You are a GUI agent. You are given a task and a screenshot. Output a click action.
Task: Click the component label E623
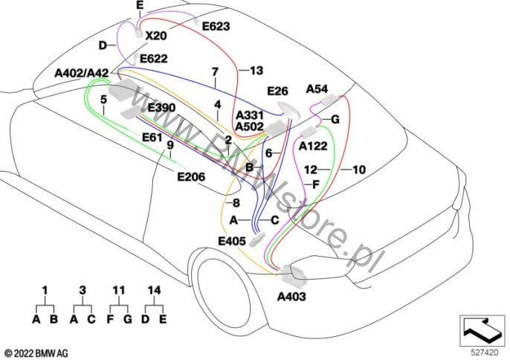point(216,26)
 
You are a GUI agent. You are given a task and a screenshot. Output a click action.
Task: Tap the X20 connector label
point(156,36)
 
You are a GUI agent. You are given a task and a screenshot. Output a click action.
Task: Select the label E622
point(153,59)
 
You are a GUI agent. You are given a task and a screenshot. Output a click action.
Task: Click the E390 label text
point(161,107)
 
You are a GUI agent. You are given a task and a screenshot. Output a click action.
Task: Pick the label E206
point(191,177)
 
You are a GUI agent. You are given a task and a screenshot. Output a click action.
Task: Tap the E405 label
point(232,241)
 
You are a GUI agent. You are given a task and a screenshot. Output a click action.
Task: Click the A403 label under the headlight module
point(291,297)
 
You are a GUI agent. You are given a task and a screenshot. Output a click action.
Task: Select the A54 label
point(317,89)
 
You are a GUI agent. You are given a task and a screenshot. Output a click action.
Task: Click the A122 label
point(313,146)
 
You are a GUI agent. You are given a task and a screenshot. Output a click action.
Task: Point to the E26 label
point(278,91)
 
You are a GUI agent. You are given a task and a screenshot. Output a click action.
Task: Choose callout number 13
point(256,71)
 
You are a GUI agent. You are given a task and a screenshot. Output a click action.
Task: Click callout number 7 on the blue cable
point(215,71)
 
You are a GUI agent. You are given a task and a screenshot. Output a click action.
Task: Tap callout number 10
point(359,170)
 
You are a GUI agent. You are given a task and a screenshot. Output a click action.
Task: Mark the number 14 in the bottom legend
point(154,289)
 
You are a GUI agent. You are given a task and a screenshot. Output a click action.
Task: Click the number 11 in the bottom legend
point(119,289)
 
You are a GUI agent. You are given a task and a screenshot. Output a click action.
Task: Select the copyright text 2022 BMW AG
point(36,353)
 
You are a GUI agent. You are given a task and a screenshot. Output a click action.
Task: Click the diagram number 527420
point(485,353)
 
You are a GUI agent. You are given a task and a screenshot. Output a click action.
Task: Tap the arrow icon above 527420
point(482,330)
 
